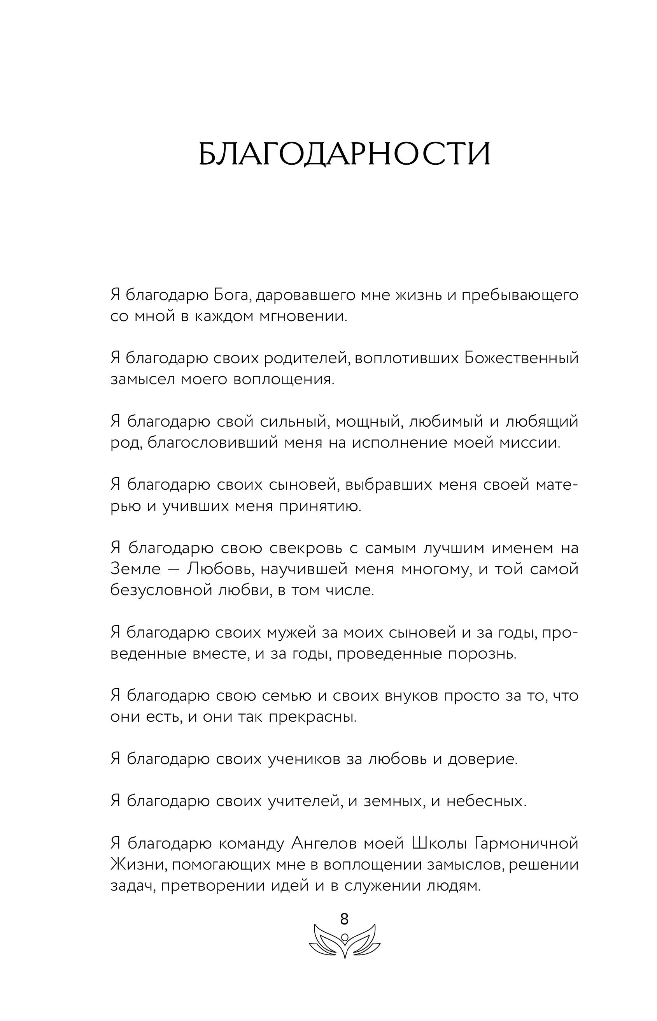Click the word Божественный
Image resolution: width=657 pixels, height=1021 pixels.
[x=521, y=358]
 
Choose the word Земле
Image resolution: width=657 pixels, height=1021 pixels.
[x=135, y=569]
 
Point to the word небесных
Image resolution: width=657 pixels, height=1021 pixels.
[x=486, y=801]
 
